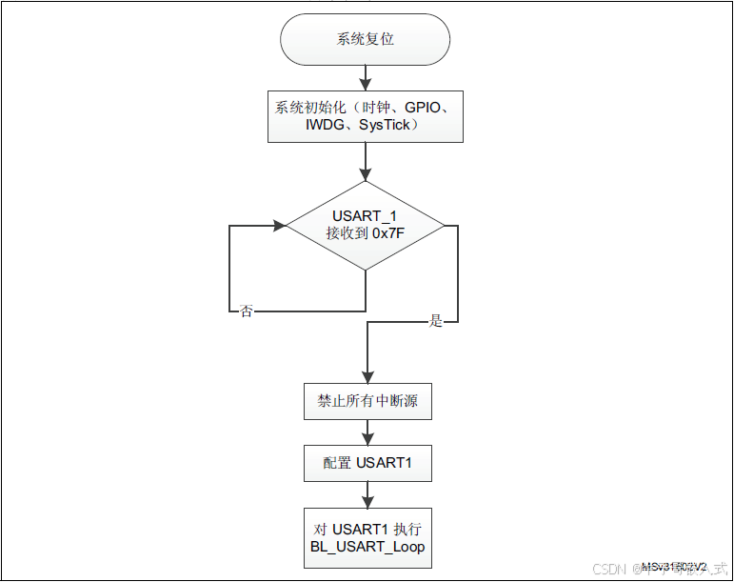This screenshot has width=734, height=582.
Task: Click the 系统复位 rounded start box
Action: (366, 40)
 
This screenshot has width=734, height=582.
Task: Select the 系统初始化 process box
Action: (366, 116)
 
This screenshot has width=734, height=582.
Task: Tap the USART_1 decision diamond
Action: (366, 226)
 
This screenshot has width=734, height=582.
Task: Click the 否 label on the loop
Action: (247, 311)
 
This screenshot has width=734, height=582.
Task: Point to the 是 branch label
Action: (437, 322)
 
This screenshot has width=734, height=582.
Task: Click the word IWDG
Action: (326, 126)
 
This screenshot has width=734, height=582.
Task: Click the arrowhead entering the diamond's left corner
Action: (279, 226)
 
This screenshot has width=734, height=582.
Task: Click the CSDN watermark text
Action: (607, 569)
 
